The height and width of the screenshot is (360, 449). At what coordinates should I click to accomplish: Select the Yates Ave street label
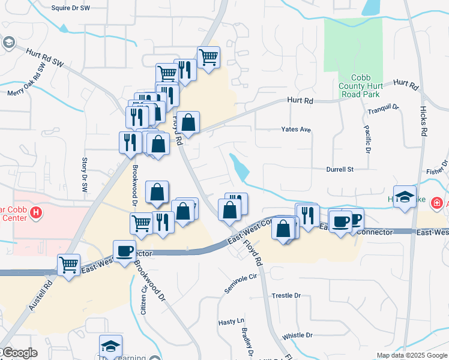pyautogui.click(x=297, y=130)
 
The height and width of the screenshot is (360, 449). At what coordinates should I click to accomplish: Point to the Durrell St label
pyautogui.click(x=340, y=170)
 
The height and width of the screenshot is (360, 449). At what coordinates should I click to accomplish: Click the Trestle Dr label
pyautogui.click(x=286, y=296)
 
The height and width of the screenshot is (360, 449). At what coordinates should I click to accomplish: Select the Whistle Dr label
pyautogui.click(x=298, y=335)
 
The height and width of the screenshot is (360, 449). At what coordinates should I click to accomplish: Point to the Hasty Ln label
pyautogui.click(x=232, y=322)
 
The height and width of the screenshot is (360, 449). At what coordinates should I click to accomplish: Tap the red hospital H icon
pyautogui.click(x=36, y=212)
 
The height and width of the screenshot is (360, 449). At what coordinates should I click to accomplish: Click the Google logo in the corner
pyautogui.click(x=19, y=353)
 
